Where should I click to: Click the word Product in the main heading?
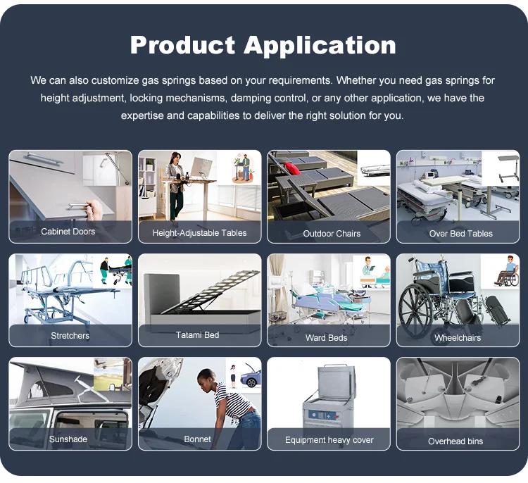182,45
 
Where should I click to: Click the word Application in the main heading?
320,46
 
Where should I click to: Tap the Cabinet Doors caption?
68,232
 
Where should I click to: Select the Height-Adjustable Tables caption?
199,233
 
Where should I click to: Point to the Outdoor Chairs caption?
332,234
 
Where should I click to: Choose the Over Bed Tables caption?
460,234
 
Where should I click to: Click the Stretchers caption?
70,335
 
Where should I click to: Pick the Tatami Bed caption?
197,335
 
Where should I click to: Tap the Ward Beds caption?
326,337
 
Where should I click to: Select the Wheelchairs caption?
458,337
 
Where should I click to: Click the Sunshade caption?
68,439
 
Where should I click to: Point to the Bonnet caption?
197,439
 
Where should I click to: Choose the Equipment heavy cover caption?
329,440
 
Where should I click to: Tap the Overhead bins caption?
455,441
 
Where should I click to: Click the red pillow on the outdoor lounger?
291,168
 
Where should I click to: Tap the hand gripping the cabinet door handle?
94,209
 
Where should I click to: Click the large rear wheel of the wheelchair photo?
415,310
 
